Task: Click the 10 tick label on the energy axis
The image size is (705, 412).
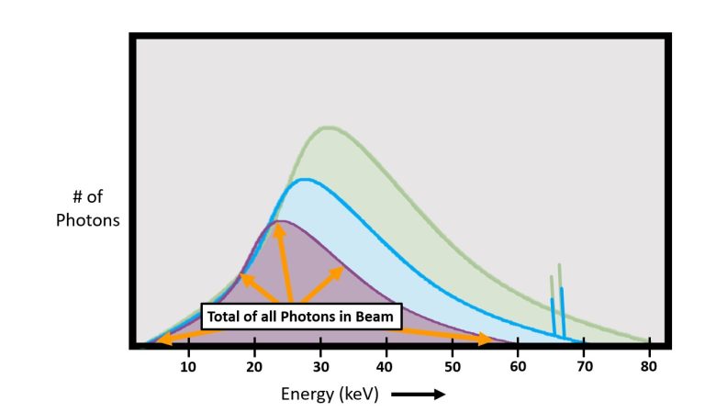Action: click(189, 367)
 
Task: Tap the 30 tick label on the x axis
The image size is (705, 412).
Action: click(320, 367)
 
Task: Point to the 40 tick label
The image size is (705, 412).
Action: click(386, 367)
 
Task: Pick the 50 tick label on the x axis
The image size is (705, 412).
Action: click(453, 367)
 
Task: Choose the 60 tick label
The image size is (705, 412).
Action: click(519, 367)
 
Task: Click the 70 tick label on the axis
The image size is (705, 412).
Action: click(584, 367)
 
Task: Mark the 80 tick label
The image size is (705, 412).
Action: click(650, 367)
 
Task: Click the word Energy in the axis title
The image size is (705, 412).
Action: click(306, 395)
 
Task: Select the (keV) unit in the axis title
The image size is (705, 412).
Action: click(359, 395)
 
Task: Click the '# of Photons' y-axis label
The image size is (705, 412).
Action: click(87, 209)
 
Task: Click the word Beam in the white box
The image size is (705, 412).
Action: click(376, 317)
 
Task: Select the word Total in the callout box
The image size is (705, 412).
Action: click(226, 317)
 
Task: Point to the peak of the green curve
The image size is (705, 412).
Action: click(328, 127)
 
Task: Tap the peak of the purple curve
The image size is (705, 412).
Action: click(280, 221)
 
